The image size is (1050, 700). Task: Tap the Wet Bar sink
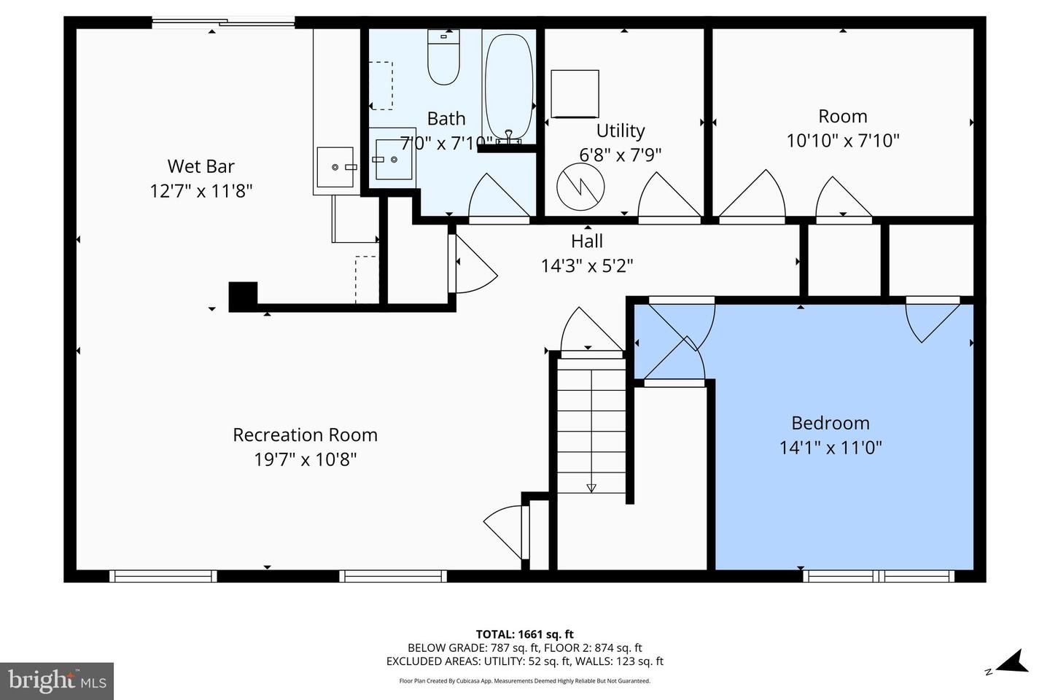coord(335,167)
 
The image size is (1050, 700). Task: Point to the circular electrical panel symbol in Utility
coord(580,187)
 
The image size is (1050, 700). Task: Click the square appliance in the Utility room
coord(575,93)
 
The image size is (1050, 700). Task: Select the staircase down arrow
coord(591,487)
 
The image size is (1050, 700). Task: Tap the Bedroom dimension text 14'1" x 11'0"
coord(831,447)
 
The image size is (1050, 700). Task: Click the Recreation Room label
coord(305,435)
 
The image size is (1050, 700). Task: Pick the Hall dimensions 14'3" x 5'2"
coord(587,265)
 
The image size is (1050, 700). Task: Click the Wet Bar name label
coord(201,166)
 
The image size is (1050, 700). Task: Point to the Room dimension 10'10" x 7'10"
coord(843,140)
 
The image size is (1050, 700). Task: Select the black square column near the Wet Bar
coord(243,296)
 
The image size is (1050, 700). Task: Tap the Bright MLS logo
coord(57,681)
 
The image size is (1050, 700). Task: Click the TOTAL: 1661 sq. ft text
coord(524,634)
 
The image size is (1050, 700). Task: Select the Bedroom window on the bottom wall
coord(879,576)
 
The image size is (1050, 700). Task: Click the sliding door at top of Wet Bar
coord(223,23)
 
